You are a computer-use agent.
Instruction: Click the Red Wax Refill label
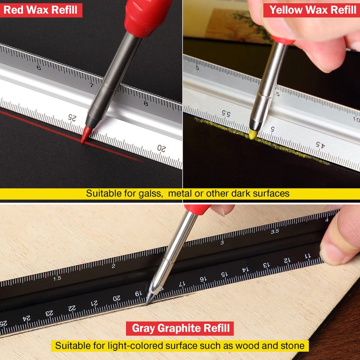(x=40, y=10)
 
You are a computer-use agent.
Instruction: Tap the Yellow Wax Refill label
(x=312, y=10)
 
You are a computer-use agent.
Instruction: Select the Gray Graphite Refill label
(x=180, y=328)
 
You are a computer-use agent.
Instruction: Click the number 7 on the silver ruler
(x=92, y=85)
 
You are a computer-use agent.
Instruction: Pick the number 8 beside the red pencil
(x=146, y=103)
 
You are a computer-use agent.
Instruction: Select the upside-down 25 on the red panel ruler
(x=72, y=118)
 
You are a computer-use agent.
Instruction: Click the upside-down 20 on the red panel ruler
(x=162, y=148)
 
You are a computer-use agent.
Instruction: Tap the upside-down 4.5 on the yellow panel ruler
(x=320, y=144)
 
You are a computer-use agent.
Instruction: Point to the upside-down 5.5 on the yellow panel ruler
(x=226, y=113)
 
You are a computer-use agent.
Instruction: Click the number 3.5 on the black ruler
(x=275, y=231)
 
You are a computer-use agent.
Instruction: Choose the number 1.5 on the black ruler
(x=57, y=279)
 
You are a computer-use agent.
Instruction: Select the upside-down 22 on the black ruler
(x=72, y=308)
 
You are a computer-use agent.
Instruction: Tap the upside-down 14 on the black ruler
(x=245, y=270)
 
